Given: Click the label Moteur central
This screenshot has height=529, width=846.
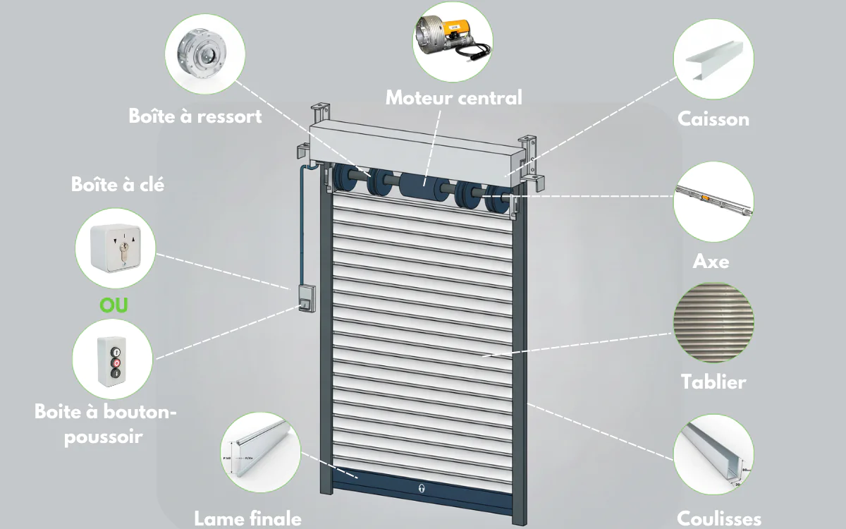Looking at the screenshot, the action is point(453,98).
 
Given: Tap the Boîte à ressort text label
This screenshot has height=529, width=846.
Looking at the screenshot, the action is point(195,116).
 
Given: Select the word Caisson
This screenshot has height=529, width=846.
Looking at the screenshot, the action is point(713,119).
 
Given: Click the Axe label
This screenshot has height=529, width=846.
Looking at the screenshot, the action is point(711,262).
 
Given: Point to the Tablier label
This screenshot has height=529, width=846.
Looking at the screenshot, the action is point(713,382).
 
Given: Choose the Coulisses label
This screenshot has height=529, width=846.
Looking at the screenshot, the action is point(718,518).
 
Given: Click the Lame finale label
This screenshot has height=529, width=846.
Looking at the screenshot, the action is point(247,518).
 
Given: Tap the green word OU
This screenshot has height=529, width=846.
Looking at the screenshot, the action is point(114,305).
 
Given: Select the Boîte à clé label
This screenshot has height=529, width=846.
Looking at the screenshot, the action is point(118,184).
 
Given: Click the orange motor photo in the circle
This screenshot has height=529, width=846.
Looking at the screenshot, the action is point(453,42).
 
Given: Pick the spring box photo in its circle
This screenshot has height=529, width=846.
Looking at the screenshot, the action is point(205,54).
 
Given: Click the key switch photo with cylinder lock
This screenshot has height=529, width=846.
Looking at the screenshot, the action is point(115,248).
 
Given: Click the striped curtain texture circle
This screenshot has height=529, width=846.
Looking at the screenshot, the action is point(713,322).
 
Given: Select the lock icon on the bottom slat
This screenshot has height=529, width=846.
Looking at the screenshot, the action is point(422,488).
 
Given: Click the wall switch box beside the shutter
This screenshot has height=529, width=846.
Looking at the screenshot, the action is point(307,298).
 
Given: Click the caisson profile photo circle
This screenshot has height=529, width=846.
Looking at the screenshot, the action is point(713,59).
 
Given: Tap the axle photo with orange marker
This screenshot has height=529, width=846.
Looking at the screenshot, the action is point(713,202).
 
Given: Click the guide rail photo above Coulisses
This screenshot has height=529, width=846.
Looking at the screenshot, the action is point(713,454).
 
